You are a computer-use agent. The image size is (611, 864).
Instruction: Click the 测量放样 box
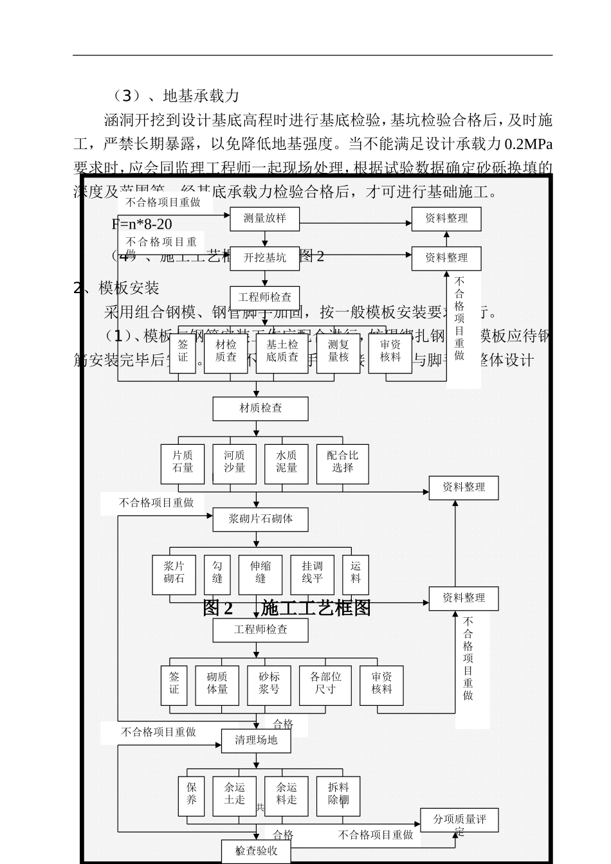pos(265,218)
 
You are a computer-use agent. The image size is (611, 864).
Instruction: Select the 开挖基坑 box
pos(265,258)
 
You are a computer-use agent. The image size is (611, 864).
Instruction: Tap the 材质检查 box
pos(260,408)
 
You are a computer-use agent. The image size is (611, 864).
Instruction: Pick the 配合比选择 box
pos(343,462)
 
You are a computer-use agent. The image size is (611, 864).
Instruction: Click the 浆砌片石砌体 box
pos(260,519)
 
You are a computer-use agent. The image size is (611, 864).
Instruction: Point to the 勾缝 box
pos(217,573)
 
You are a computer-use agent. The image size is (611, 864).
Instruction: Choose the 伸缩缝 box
pos(260,573)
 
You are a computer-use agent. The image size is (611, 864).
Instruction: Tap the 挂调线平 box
pos(313,573)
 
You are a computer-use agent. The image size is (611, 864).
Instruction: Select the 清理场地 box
pos(256,740)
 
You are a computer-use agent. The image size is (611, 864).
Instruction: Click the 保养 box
pos(191,795)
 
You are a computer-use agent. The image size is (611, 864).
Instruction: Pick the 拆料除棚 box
pos(338,795)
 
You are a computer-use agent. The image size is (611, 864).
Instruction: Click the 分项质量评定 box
pos(459,821)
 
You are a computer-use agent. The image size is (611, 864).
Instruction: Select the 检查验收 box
pos(256,851)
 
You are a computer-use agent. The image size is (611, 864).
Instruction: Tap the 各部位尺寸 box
pos(325,683)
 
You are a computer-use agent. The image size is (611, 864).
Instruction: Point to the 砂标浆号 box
pos(269,683)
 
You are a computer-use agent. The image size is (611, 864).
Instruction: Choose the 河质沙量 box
pos(234,462)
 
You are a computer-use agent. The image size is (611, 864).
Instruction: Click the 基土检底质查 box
pos(282,351)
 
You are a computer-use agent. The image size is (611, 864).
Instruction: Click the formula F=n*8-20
pos(142,224)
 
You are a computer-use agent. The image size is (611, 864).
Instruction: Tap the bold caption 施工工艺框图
pos(316,607)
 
